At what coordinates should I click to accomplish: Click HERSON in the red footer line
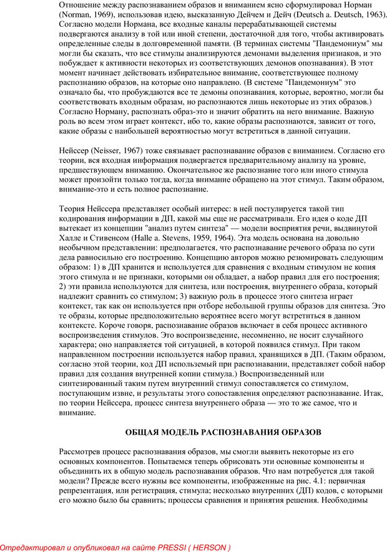tap(210, 548)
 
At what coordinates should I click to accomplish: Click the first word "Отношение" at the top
tap(81, 3)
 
